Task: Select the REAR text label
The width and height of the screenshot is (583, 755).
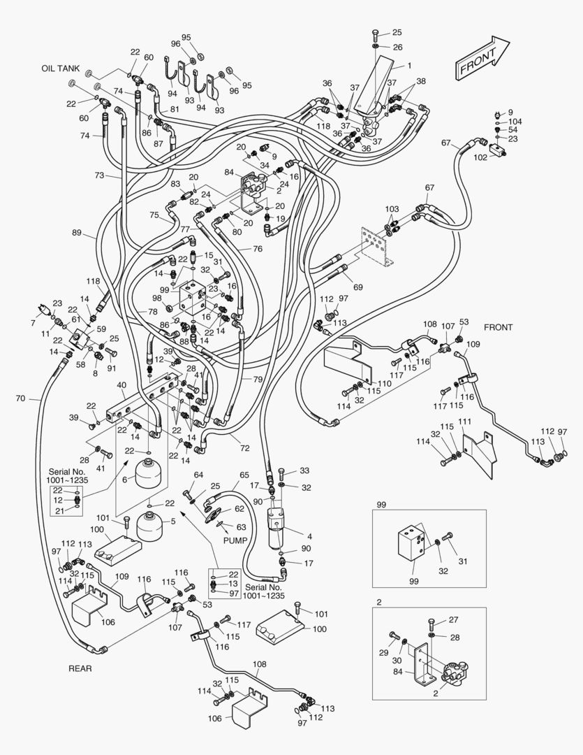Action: point(80,668)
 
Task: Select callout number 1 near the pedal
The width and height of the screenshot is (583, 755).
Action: point(409,66)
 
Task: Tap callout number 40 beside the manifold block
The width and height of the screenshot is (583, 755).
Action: point(121,384)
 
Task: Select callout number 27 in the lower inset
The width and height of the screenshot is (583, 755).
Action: point(455,620)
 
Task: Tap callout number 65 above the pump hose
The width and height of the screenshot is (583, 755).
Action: point(244,475)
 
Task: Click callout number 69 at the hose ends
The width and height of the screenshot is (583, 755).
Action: point(358,287)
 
